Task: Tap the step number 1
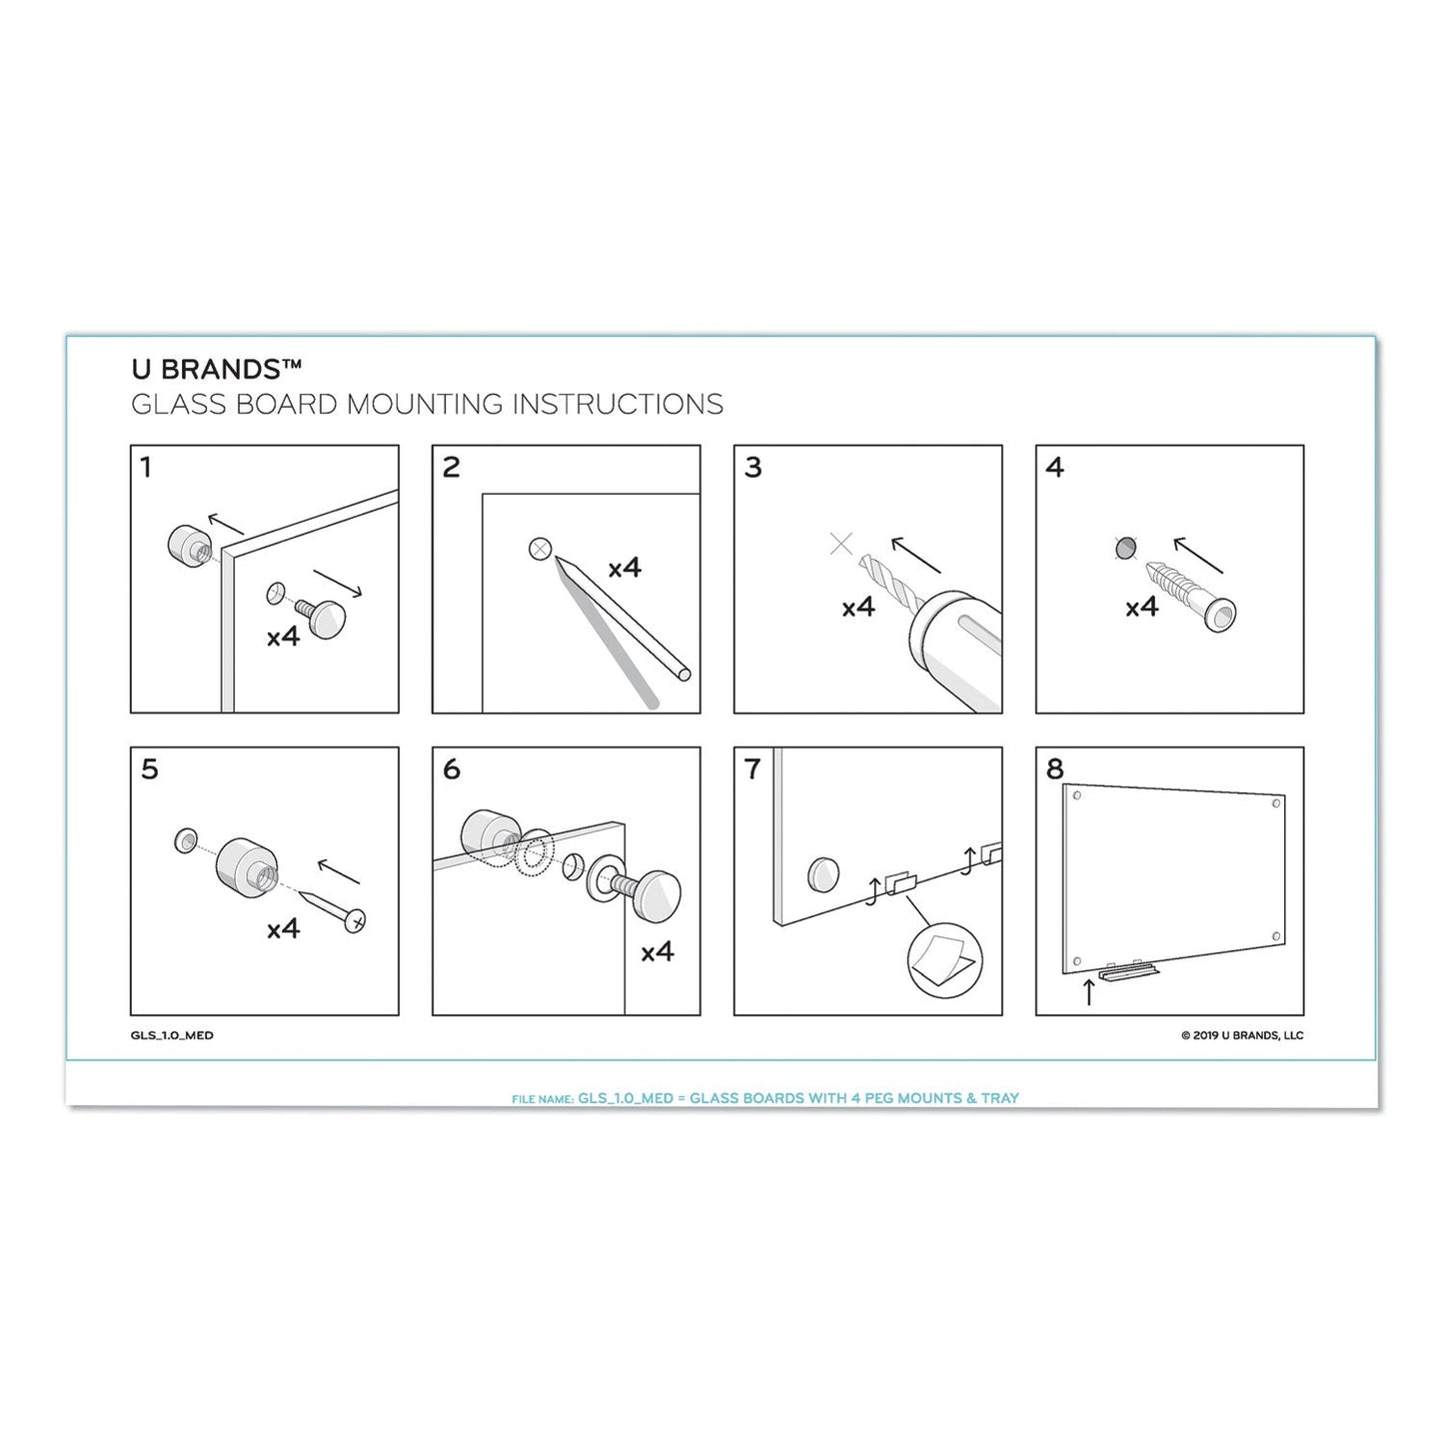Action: point(147,467)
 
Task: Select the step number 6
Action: point(452,768)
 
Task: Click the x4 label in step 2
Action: point(625,569)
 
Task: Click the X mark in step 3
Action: point(841,544)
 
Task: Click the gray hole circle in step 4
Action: point(1125,548)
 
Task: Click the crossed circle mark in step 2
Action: point(540,549)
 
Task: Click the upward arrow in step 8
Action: point(1088,991)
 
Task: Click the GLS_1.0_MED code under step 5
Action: point(172,1035)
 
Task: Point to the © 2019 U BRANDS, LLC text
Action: point(1241,1035)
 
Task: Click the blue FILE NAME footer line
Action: point(764,1097)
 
